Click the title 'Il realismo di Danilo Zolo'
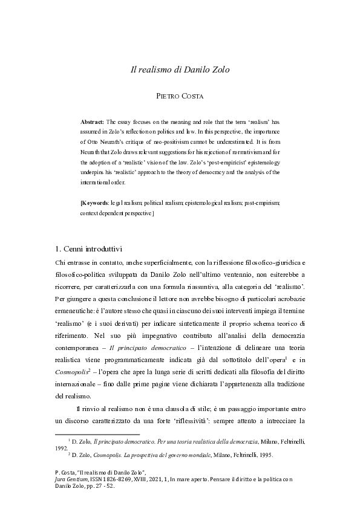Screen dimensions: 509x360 (x=180, y=70)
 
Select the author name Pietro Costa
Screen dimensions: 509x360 (x=180, y=95)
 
